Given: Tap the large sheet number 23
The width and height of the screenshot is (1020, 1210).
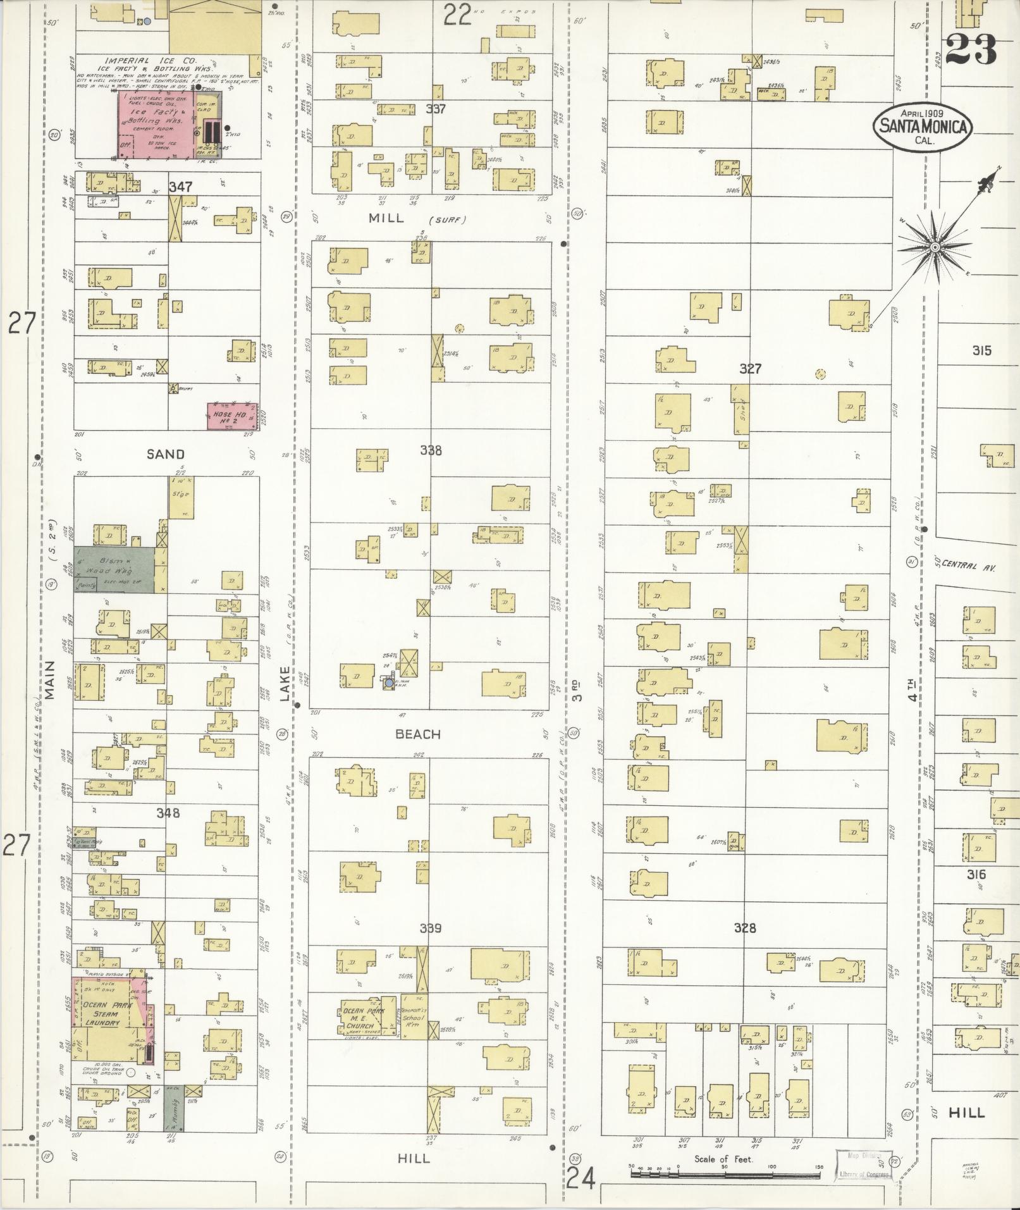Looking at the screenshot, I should pyautogui.click(x=971, y=49).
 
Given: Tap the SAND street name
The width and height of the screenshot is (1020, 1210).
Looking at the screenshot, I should pyautogui.click(x=166, y=454).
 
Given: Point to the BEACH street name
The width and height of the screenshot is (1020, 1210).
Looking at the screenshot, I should pyautogui.click(x=417, y=734).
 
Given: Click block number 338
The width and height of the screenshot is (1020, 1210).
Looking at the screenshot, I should pyautogui.click(x=431, y=450).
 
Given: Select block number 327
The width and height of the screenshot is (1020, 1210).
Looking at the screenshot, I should pyautogui.click(x=750, y=368).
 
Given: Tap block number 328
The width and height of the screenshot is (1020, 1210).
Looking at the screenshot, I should pyautogui.click(x=745, y=928).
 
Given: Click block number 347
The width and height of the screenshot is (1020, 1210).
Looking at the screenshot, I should pyautogui.click(x=180, y=187).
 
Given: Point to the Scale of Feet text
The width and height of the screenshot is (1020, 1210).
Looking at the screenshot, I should pyautogui.click(x=723, y=1159).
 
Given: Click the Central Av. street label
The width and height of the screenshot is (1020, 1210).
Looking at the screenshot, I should pyautogui.click(x=968, y=567).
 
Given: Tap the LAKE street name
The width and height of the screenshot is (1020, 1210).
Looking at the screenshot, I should pyautogui.click(x=285, y=683).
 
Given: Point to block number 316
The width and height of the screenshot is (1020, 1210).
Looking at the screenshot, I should pyautogui.click(x=976, y=875).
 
